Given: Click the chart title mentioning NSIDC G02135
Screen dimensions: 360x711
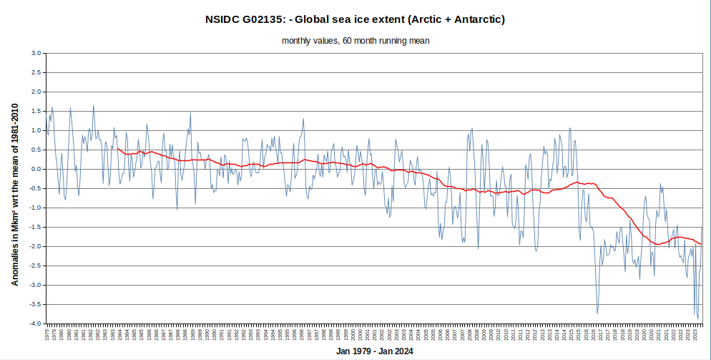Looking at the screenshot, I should [x=355, y=19].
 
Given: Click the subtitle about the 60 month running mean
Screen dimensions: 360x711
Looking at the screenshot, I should [x=355, y=41].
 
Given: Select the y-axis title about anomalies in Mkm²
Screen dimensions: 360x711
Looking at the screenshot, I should [x=15, y=193].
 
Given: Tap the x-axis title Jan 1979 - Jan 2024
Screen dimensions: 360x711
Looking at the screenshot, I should [x=374, y=351].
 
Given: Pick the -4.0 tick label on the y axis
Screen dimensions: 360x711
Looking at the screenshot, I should [x=34, y=324].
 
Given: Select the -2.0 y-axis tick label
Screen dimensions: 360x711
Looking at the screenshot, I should [x=34, y=247].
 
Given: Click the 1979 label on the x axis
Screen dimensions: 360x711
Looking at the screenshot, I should [x=47, y=334].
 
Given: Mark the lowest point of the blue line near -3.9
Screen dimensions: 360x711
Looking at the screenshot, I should [x=698, y=319].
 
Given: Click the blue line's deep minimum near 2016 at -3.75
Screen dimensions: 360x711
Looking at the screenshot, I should [x=597, y=313].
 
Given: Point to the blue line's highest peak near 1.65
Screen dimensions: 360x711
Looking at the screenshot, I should [x=93, y=106].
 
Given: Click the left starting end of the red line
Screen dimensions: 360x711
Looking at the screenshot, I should [x=117, y=149].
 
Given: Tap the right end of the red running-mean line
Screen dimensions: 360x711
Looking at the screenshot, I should [x=702, y=245].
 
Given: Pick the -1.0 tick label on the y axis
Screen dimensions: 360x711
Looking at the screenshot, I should [x=34, y=208].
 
